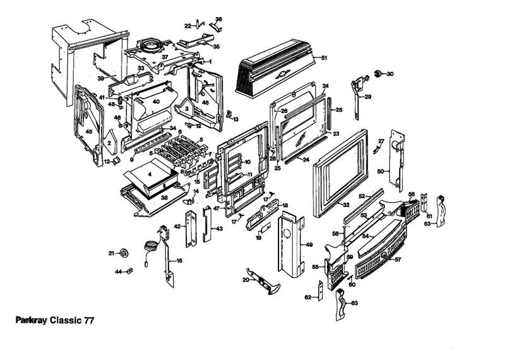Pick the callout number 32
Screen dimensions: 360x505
pos(345,205)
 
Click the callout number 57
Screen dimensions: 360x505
pos(398,259)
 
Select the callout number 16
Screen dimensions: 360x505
pos(179,260)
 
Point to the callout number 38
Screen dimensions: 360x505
pos(164,197)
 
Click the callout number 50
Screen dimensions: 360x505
pos(381,172)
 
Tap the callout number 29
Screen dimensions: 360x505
pos(367,97)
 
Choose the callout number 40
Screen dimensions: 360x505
pos(156,102)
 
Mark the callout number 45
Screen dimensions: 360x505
pos(89,131)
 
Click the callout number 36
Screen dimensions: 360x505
pos(218,20)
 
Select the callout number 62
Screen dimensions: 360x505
pos(308,297)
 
